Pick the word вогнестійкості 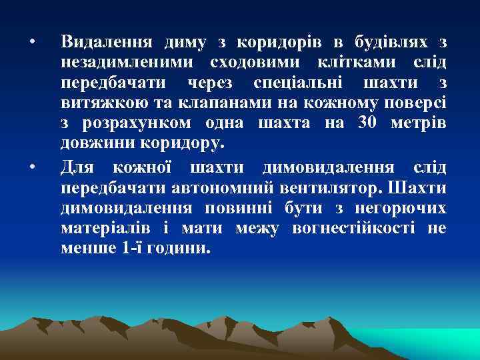359,228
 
